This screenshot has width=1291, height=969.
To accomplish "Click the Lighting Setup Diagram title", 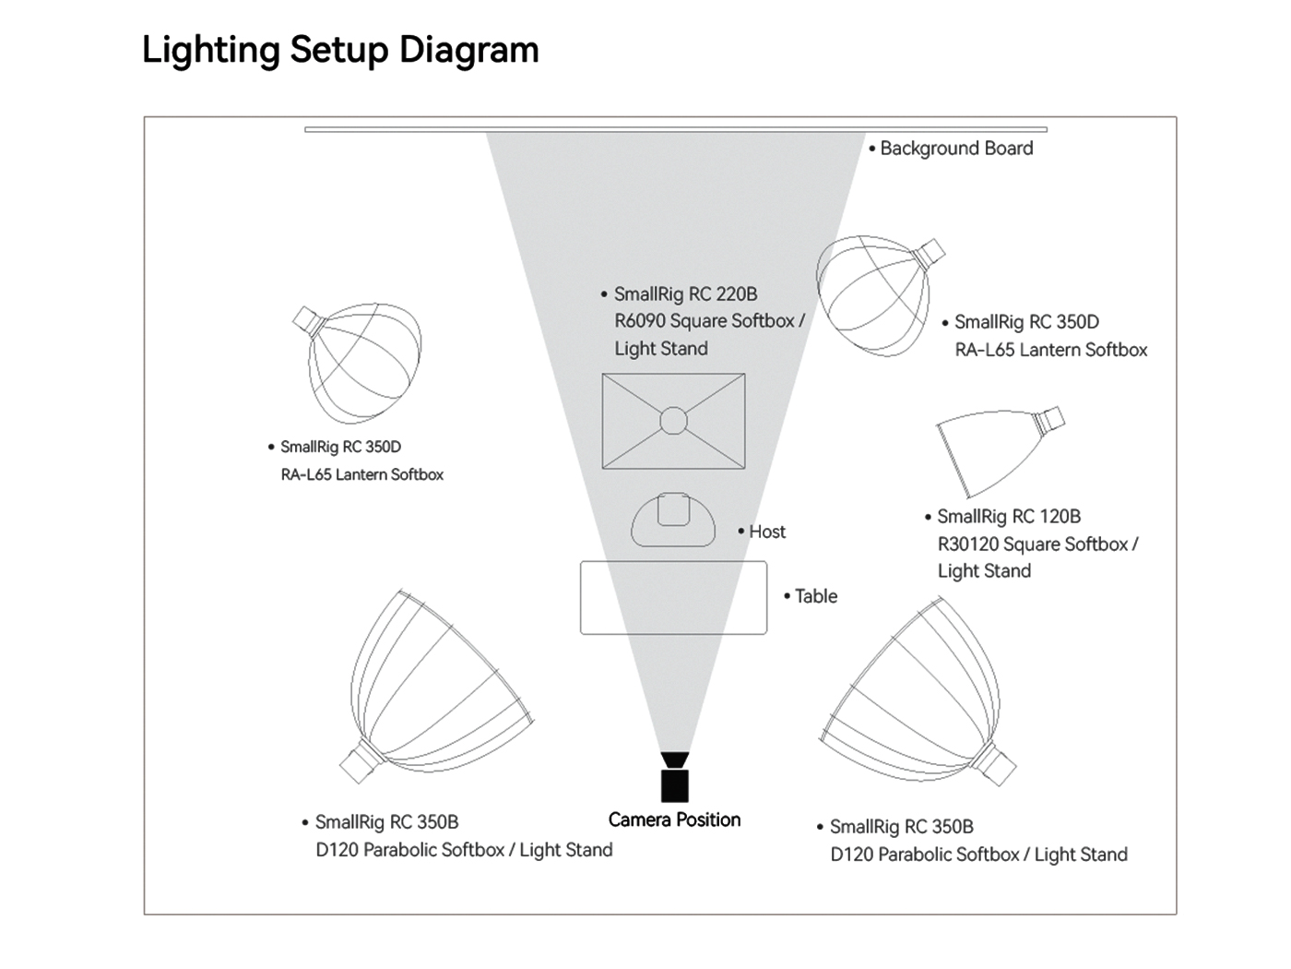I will (x=340, y=50).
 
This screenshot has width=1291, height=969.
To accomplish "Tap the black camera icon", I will (x=674, y=778).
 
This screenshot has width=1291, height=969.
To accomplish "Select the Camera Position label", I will (x=674, y=819).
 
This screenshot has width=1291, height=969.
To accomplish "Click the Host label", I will (x=766, y=532).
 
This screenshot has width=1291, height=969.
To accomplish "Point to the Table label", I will (x=815, y=596).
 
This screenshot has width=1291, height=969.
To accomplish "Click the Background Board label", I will (x=955, y=149).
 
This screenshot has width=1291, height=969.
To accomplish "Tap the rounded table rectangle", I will (x=673, y=598).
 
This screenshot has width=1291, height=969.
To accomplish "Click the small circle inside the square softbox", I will (x=673, y=421).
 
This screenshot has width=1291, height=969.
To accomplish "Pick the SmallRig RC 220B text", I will (x=685, y=294).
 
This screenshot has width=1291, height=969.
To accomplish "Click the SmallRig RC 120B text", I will (x=1008, y=517).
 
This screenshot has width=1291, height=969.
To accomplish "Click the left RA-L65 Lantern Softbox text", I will (x=361, y=475).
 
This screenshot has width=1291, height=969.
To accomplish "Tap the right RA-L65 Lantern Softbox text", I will (x=1050, y=351).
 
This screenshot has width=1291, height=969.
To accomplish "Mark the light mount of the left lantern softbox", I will (x=306, y=320).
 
